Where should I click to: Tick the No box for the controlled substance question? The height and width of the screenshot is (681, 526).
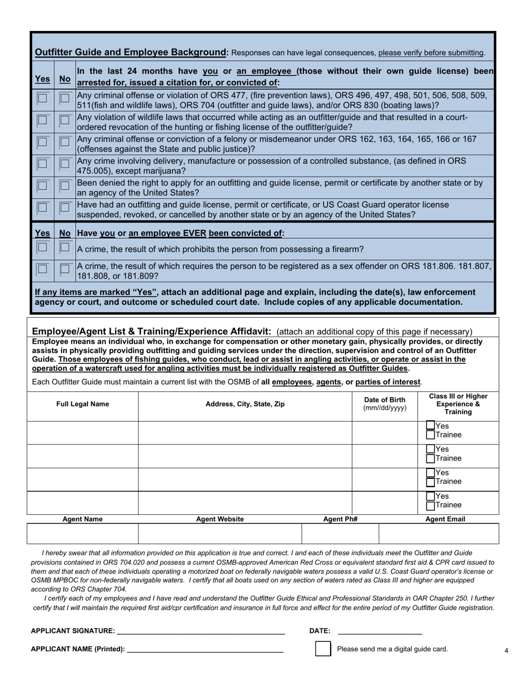click(65, 164)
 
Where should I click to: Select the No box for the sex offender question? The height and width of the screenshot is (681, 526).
click(65, 269)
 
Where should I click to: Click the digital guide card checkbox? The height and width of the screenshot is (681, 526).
click(323, 649)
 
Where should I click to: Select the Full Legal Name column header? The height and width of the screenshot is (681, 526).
click(82, 404)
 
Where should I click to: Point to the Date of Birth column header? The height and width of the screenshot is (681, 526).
click(384, 404)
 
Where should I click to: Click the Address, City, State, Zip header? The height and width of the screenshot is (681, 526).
click(245, 404)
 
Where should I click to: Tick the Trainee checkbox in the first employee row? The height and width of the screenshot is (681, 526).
click(431, 435)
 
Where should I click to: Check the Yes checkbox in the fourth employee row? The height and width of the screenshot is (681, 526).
click(431, 496)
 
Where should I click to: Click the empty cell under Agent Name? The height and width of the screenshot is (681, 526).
click(82, 534)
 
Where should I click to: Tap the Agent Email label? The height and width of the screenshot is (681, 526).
click(445, 519)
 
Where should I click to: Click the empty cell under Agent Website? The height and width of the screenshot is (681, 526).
click(220, 534)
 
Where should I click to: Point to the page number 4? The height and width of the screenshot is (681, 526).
click(506, 651)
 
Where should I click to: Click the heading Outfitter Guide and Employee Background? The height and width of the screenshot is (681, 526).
click(131, 53)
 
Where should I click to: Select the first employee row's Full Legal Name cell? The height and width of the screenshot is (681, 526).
click(82, 432)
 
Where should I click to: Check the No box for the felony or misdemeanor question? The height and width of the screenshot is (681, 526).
click(65, 142)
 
